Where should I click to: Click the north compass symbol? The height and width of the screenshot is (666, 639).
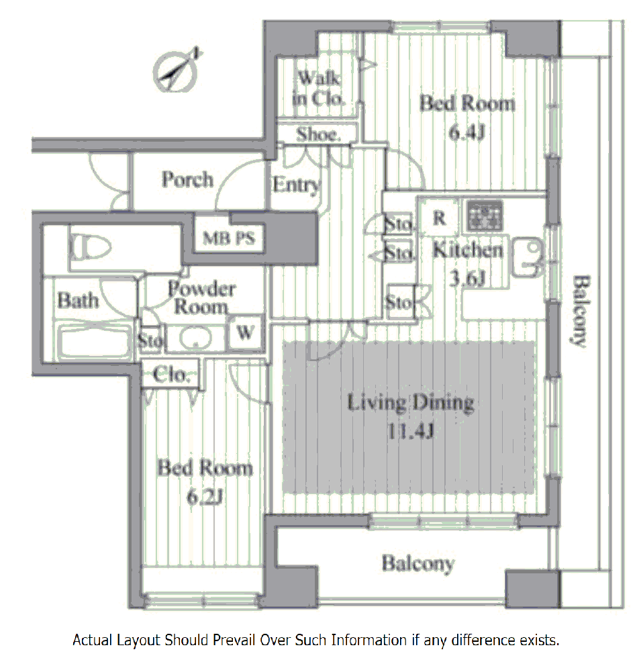177,71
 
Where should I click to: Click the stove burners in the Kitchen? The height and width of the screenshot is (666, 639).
485,216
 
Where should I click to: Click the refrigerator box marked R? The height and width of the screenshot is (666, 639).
440,218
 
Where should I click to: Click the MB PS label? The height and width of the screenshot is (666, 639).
229,238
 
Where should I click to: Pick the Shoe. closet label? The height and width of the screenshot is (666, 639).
318,134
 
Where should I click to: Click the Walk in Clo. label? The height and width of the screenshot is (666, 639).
318,89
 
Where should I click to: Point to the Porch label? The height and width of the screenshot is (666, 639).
187,179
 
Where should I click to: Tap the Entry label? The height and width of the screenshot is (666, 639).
297,185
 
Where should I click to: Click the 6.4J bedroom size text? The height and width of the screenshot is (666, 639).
466,132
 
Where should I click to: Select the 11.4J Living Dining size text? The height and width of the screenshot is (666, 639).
411,432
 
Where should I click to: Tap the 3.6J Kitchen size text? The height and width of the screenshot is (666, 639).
467,279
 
